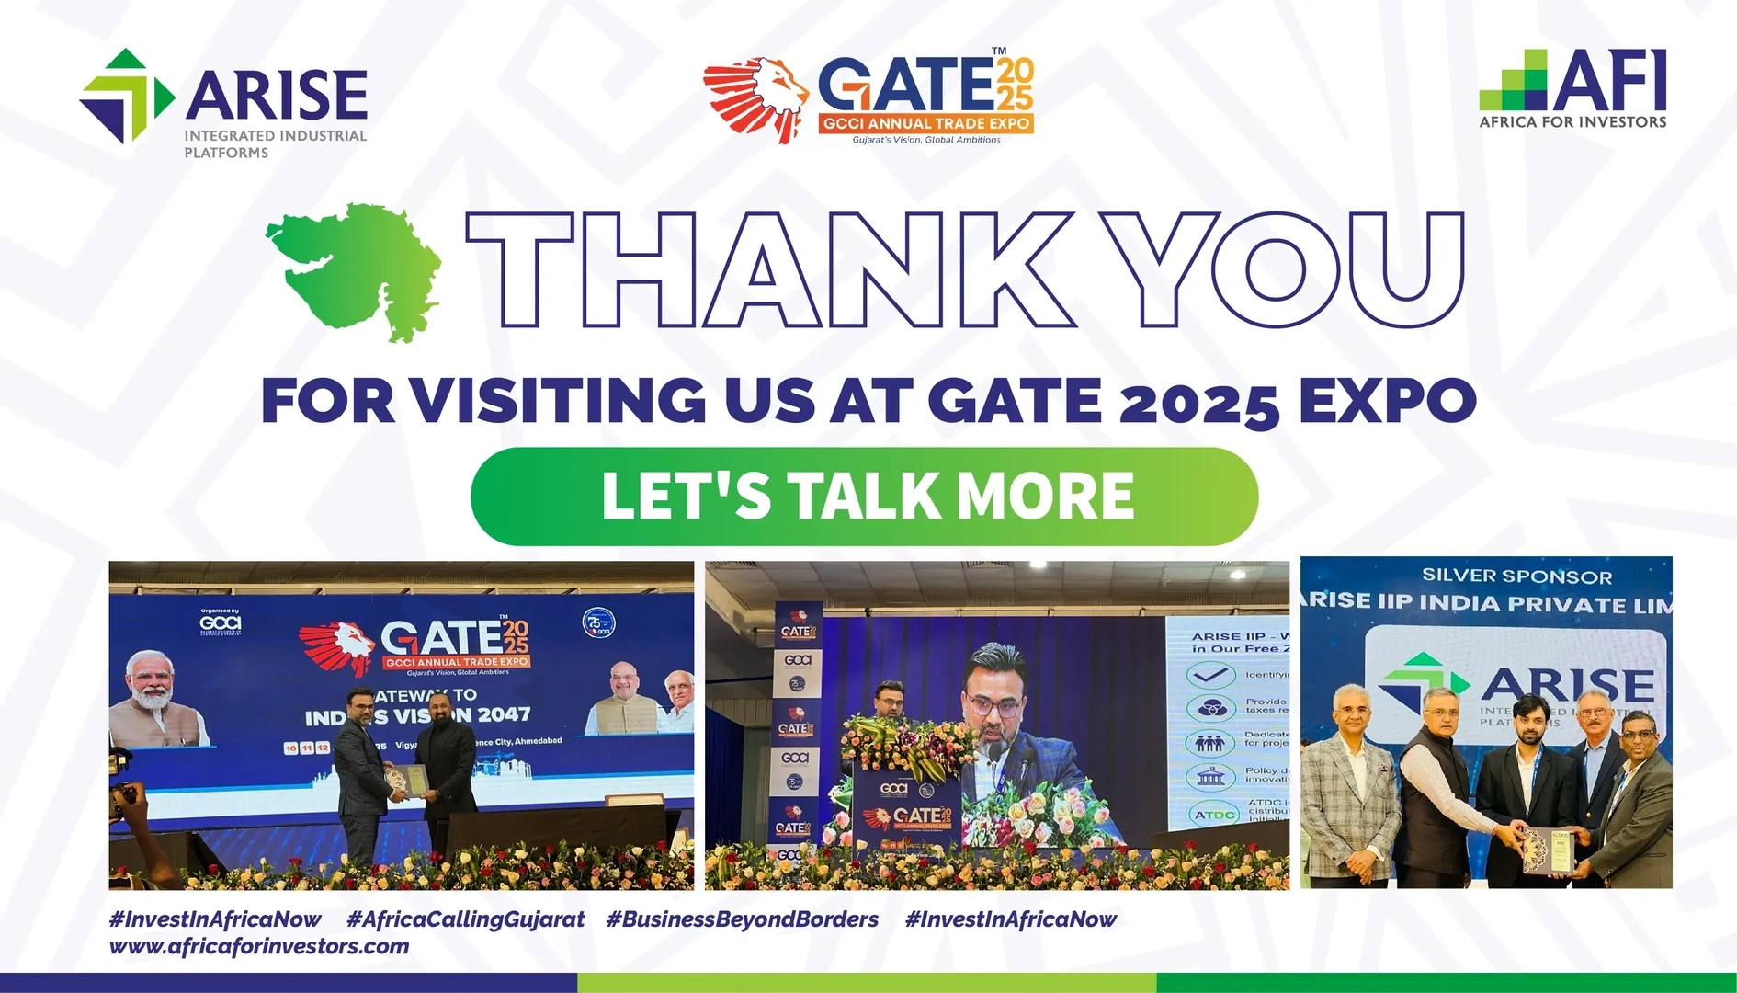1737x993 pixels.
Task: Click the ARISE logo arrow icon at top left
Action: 126,97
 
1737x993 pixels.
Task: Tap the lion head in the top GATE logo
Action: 756,98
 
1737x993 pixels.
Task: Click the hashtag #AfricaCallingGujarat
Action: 465,919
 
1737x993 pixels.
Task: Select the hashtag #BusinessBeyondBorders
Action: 742,919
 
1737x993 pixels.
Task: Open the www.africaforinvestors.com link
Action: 259,946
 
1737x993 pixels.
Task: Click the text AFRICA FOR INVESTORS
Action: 1572,121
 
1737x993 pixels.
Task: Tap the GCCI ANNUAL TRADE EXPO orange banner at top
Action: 925,123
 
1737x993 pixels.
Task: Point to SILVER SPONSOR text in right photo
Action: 1516,576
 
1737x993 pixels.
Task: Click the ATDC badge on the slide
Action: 1214,814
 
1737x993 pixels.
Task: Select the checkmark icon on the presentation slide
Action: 1210,676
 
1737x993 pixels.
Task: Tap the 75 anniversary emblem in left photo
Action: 598,623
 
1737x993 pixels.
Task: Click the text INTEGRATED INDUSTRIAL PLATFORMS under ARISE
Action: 275,144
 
